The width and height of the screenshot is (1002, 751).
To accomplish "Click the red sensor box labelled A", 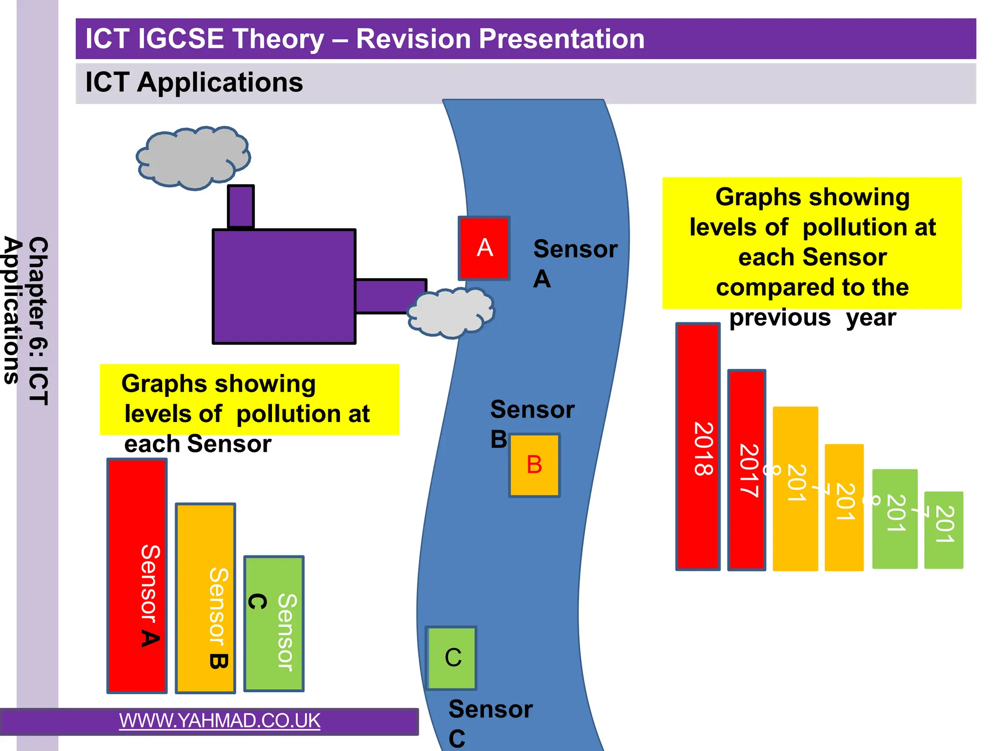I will pyautogui.click(x=484, y=248).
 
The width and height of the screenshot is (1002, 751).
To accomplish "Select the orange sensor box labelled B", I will pyautogui.click(x=534, y=465).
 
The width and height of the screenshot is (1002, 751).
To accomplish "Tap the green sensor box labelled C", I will pyautogui.click(x=452, y=658).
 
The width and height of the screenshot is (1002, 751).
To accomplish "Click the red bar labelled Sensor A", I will pyautogui.click(x=137, y=575).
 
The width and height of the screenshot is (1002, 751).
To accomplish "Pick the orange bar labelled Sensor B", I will pyautogui.click(x=205, y=597).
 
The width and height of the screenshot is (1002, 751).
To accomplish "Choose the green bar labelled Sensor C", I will pyautogui.click(x=274, y=623).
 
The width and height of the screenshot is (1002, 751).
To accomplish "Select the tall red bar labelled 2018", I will pyautogui.click(x=698, y=446).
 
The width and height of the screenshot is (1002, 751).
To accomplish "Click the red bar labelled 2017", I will pyautogui.click(x=747, y=469).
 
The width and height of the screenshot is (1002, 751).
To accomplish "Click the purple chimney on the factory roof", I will pyautogui.click(x=241, y=206).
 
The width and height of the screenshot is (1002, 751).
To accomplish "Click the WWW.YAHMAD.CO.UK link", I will pyautogui.click(x=220, y=721).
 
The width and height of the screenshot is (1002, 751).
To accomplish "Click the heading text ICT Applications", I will pyautogui.click(x=194, y=82).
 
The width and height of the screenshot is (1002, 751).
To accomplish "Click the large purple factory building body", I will pyautogui.click(x=284, y=287).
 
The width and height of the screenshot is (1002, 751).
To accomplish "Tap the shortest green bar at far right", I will pyautogui.click(x=943, y=530).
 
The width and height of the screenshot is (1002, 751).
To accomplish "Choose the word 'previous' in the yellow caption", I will pyautogui.click(x=780, y=318).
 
